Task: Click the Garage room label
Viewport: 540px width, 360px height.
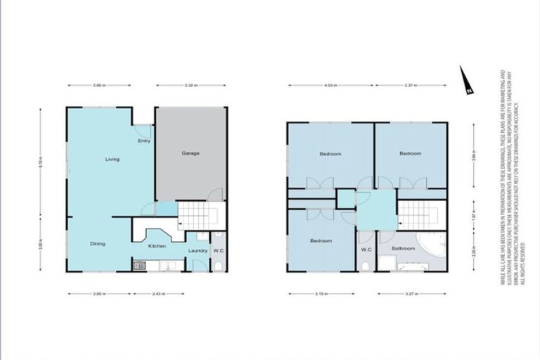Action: point(191,153)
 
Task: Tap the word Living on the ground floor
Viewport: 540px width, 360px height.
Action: point(112,159)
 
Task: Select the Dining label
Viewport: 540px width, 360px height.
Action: point(98,244)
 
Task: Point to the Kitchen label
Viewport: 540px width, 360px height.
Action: point(156,246)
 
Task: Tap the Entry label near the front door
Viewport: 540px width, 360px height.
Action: point(144,141)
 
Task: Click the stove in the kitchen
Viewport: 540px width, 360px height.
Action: point(139,266)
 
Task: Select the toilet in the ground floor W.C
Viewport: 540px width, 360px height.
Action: point(219,264)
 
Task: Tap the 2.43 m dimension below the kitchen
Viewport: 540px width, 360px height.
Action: point(159,294)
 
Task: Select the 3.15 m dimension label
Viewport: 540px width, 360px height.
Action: point(323,294)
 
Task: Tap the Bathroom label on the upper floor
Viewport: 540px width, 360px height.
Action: point(403,247)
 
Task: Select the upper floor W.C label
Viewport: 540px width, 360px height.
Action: point(366,250)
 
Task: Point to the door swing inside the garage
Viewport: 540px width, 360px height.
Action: point(217,195)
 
